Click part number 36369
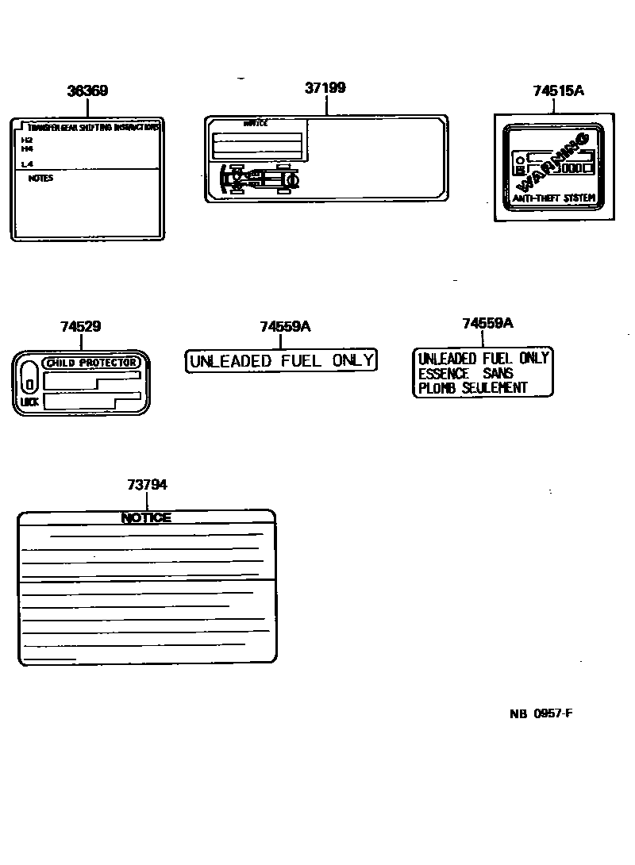click(x=87, y=90)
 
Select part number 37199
click(x=325, y=88)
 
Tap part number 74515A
click(x=558, y=90)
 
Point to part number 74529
click(x=80, y=326)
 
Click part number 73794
click(x=147, y=485)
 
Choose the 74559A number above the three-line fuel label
click(x=487, y=323)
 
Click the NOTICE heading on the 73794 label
click(x=146, y=517)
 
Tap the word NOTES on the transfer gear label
click(x=40, y=179)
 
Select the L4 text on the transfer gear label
click(x=27, y=164)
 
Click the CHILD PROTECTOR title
click(x=94, y=363)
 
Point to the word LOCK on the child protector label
click(x=29, y=402)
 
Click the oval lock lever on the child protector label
click(x=29, y=376)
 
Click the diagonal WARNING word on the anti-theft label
click(x=554, y=159)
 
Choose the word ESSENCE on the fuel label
click(x=444, y=373)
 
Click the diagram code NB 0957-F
click(x=541, y=713)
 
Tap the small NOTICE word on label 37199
click(x=255, y=124)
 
